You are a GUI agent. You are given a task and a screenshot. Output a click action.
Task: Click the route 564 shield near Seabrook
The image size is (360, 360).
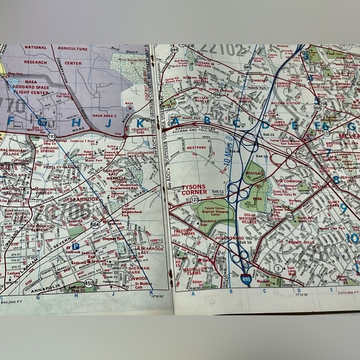[95, 224]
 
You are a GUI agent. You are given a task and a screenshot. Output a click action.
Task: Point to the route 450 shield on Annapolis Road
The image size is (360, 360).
[89, 284]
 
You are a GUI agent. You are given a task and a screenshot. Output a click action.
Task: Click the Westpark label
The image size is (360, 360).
[196, 148]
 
